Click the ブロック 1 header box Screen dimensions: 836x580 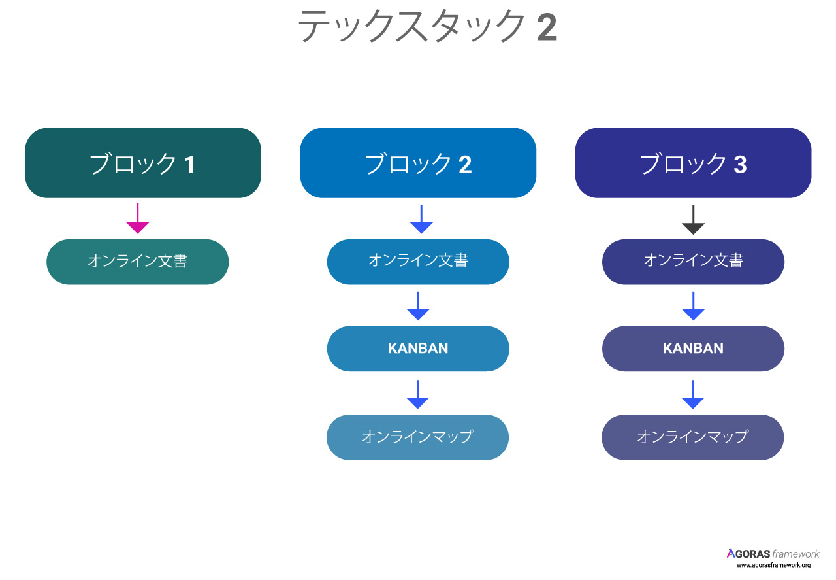coord(143,163)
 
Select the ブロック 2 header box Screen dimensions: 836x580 coord(418,163)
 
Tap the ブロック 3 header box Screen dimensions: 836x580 coord(693,163)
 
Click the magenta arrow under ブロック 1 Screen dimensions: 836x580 coord(137,218)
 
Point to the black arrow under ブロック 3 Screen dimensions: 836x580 coord(693,220)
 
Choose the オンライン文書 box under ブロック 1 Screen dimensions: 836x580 coord(137,262)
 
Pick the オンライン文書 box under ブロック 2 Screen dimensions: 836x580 coord(418,262)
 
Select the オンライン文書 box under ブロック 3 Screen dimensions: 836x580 coord(693,262)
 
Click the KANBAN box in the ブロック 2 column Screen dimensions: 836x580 coord(418,349)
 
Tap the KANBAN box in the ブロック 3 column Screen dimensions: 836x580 coord(693,349)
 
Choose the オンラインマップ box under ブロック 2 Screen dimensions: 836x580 coord(417,437)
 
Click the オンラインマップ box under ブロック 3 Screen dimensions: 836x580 coord(693,437)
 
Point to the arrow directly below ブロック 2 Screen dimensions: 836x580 coord(421,219)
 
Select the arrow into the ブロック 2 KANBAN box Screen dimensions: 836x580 coord(418,306)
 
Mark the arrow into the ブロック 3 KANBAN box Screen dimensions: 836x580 coord(693,306)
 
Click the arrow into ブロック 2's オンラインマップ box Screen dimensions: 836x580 coord(417,394)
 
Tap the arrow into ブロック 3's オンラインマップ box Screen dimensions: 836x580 coord(693,394)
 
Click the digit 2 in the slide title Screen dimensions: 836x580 coord(547,27)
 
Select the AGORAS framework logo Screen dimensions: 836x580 coord(773,553)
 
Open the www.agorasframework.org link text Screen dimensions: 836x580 coord(773,565)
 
